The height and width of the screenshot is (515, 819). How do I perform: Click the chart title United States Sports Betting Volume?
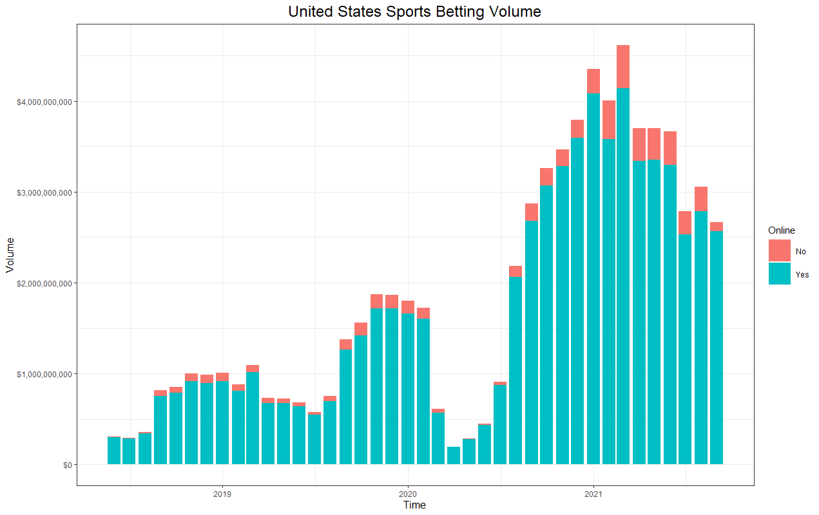414,12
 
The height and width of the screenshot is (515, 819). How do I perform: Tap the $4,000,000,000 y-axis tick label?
44,102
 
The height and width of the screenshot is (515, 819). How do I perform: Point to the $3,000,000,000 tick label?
44,193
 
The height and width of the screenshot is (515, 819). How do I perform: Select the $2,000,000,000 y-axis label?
44,283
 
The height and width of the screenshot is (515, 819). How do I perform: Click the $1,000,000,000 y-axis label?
44,375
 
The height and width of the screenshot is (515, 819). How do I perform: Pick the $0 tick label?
67,465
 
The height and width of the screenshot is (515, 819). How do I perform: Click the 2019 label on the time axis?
222,494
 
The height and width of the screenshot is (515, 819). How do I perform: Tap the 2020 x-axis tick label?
408,494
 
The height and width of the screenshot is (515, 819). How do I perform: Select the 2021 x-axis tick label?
593,494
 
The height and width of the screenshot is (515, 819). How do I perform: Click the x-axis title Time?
414,505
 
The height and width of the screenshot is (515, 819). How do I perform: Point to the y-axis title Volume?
10,255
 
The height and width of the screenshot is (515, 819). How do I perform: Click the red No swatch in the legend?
780,250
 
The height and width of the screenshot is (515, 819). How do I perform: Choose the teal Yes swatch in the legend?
780,274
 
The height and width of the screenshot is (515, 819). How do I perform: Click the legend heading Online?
782,230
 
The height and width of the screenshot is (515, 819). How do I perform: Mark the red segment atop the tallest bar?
623,67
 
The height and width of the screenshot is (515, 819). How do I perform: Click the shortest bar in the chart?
454,456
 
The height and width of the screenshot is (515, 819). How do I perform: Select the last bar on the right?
717,343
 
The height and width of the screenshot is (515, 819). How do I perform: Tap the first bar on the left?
114,451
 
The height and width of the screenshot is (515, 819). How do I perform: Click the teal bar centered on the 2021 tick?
593,279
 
